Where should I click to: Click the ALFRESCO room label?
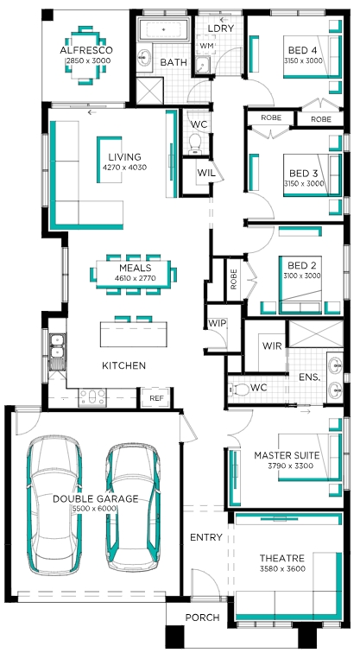point(86,50)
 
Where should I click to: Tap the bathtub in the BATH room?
point(164,30)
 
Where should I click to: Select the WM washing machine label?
point(206,46)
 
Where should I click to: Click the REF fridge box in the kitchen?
point(156,397)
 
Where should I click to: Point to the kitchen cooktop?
point(92,396)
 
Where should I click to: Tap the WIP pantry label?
point(218,323)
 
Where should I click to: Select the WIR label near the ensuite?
point(272,346)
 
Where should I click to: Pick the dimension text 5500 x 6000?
point(95,509)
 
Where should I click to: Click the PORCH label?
point(203,618)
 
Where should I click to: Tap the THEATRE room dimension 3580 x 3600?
point(281,569)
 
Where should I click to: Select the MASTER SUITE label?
point(287,455)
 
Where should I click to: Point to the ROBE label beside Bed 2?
point(234,279)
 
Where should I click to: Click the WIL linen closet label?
point(206,173)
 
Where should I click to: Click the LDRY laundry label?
point(220,29)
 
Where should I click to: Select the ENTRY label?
point(205,537)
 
